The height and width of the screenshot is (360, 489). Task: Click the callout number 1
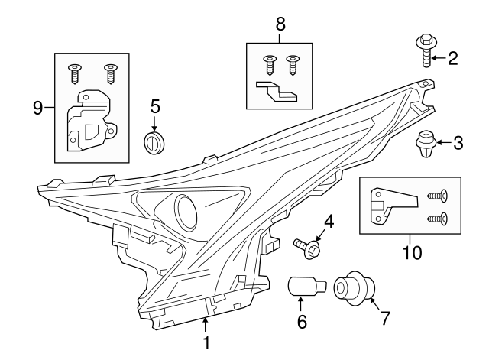click(206, 344)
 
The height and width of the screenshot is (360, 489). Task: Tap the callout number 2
click(452, 58)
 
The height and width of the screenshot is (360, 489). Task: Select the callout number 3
click(458, 142)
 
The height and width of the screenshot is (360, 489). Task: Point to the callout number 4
click(329, 222)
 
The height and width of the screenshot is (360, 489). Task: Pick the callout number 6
click(302, 322)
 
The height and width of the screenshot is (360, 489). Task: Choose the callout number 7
click(384, 316)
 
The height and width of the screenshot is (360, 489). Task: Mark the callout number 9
click(37, 108)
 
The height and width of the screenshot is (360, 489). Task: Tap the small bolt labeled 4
click(308, 246)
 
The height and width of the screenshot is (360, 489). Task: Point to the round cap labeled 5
click(155, 141)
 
